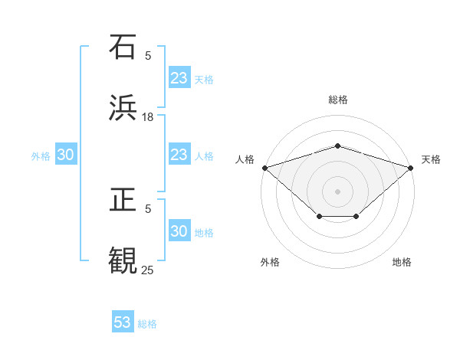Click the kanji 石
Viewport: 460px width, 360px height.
pos(123,47)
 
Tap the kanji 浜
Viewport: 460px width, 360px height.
pos(123,107)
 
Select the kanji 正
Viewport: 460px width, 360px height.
pos(123,200)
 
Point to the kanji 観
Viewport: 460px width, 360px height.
pos(123,260)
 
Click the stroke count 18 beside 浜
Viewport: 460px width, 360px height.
pos(148,116)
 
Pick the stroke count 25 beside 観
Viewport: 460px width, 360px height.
pos(148,270)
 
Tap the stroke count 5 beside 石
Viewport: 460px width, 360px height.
pos(148,56)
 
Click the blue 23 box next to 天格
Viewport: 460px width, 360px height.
pos(179,78)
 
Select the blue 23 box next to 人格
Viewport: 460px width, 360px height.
pos(179,155)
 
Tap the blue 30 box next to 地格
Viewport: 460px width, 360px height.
pos(179,231)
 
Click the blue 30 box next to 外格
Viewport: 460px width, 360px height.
pos(66,155)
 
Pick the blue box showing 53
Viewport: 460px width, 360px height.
pos(123,322)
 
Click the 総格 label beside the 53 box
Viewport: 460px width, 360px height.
pos(147,324)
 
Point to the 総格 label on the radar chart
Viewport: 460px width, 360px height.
pos(337,100)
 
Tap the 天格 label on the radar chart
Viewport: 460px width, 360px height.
pos(431,159)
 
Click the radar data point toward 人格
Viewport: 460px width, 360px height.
pos(264,167)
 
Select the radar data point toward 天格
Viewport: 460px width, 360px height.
pos(411,167)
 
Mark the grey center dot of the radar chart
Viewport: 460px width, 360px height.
pos(337,191)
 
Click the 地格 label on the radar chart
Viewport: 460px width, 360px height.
pos(402,262)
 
